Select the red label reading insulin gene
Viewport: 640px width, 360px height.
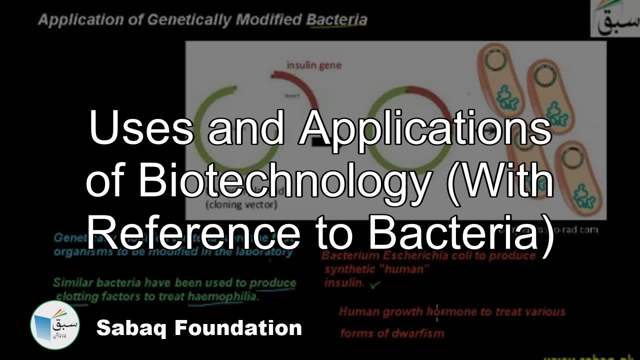(x=314, y=65)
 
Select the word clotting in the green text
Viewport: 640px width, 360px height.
(x=75, y=296)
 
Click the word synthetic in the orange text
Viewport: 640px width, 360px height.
(x=350, y=269)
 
